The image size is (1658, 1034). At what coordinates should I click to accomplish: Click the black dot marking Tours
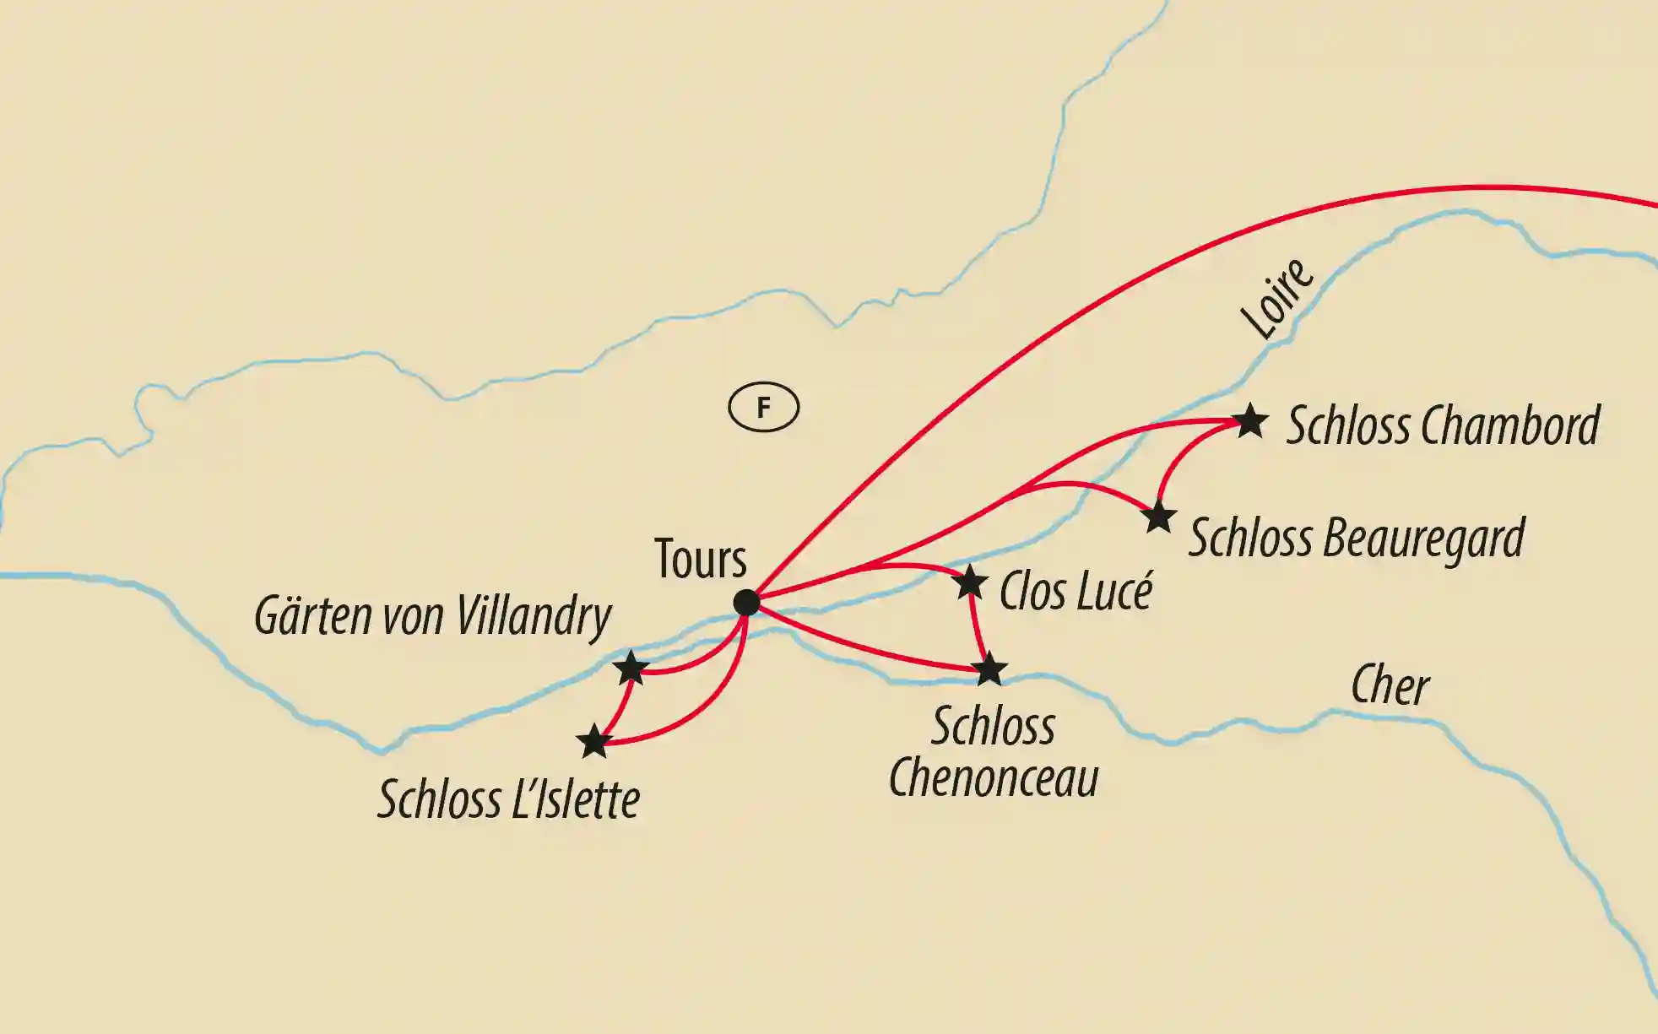coord(746,603)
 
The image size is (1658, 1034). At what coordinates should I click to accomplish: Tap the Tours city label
coord(701,559)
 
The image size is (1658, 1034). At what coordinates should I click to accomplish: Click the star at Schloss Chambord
coord(1250,420)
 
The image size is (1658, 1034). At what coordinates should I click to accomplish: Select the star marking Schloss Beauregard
coord(1159,517)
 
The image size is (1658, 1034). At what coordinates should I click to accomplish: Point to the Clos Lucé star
coord(970,582)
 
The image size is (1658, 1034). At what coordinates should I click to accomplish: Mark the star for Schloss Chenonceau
coord(989,669)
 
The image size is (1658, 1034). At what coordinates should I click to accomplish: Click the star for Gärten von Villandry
coord(631,669)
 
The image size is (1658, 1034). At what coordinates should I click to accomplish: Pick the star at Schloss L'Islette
coord(594,741)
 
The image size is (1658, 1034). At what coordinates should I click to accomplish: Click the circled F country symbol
coord(763,408)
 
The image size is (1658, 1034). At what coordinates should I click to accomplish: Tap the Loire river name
coord(1278,297)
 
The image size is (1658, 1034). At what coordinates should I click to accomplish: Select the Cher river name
coord(1390,685)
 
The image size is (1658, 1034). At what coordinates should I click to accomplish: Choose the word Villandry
coord(534,616)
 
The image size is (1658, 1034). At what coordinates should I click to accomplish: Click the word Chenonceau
coord(994,777)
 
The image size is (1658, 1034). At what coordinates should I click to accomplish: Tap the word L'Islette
coord(575,799)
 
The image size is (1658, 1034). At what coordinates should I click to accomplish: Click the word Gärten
coord(313,616)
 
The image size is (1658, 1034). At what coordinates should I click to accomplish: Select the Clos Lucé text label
coord(1076,591)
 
